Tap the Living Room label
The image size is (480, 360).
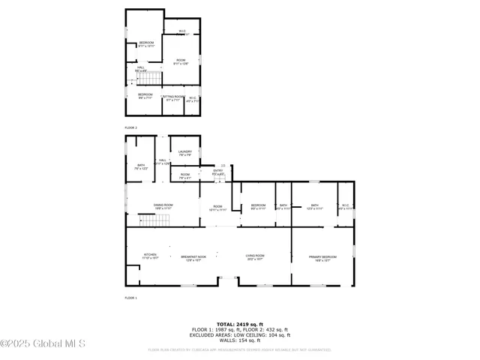point(256,257)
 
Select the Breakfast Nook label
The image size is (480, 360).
point(193,257)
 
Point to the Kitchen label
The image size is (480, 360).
point(151,256)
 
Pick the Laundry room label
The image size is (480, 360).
point(185,153)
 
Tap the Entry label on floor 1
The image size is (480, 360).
point(218,172)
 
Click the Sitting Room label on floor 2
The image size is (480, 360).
point(173,97)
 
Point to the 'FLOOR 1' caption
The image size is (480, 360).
point(131,298)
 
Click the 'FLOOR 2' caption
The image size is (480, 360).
point(131,128)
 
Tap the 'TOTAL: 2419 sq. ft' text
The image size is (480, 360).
point(239,324)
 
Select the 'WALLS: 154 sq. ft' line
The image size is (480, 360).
point(239,340)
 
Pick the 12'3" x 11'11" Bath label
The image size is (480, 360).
point(315,206)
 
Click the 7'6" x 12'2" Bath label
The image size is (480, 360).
point(141,166)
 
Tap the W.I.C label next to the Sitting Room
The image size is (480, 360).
point(193,98)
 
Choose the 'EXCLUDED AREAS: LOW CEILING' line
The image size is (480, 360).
point(239,335)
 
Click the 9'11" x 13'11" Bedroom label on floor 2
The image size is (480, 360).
point(146,43)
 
